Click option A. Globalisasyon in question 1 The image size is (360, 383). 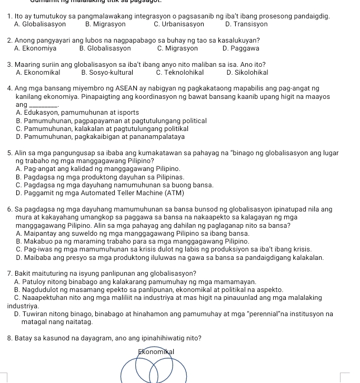tap(40, 24)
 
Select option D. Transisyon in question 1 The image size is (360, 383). tap(246, 24)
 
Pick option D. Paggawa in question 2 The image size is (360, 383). tap(241, 48)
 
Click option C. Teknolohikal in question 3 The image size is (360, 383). tap(179, 73)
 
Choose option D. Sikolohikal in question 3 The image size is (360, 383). tap(247, 73)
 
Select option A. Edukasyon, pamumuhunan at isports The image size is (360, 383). tap(77, 113)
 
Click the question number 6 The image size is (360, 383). tap(11, 209)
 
